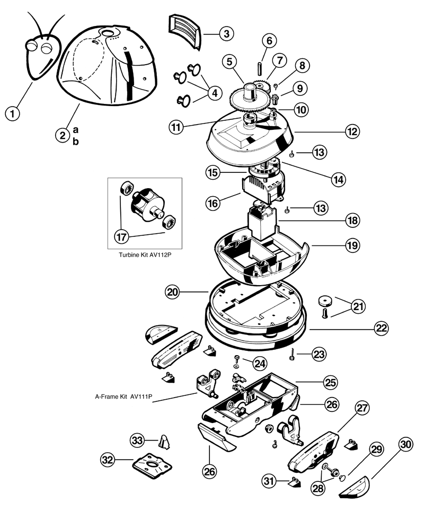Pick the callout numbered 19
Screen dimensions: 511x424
353,245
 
